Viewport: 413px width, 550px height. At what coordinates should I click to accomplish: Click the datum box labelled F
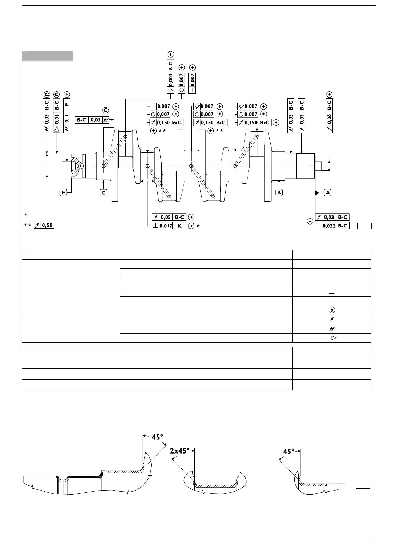click(x=63, y=192)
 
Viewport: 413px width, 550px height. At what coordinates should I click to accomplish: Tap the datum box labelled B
click(x=279, y=192)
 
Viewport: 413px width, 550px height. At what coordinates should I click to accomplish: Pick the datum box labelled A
click(x=328, y=193)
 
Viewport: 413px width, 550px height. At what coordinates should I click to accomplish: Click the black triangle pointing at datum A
click(x=317, y=193)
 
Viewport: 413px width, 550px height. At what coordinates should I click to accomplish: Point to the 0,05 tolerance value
click(x=166, y=217)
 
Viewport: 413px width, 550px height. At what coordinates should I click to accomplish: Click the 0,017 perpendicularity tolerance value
click(x=166, y=226)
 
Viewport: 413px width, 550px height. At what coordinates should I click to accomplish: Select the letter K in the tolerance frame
click(x=179, y=226)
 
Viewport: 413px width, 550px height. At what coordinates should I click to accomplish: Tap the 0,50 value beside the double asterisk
click(x=47, y=225)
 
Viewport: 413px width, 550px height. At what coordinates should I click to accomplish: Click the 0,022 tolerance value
click(x=329, y=226)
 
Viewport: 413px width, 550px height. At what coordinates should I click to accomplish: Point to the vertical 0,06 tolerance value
click(x=329, y=119)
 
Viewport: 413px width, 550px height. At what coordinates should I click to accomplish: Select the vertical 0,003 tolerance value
click(x=170, y=79)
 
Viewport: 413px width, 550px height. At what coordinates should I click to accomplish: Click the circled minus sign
click(x=310, y=221)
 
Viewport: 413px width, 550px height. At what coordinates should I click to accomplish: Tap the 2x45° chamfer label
click(x=180, y=451)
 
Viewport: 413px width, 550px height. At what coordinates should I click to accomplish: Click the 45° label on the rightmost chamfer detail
click(x=289, y=451)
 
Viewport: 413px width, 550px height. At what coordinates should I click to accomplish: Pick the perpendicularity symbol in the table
click(x=331, y=292)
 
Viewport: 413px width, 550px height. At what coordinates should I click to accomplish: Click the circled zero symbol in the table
click(x=331, y=310)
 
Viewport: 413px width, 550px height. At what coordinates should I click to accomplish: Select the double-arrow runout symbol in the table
click(x=331, y=329)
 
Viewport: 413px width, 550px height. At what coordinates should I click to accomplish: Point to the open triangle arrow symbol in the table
click(x=332, y=338)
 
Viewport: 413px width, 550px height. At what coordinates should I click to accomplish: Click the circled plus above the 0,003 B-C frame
click(x=170, y=54)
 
